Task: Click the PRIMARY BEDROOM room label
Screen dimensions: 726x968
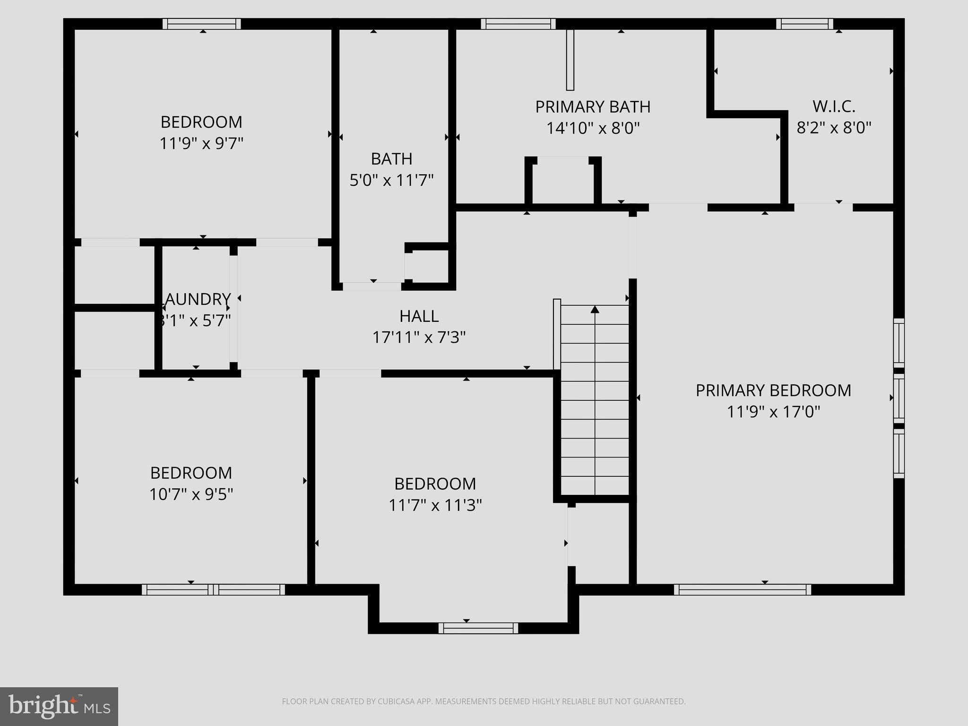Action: click(x=773, y=390)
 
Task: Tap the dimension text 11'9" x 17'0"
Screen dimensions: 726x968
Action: click(x=773, y=412)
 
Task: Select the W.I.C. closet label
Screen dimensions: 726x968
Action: click(x=834, y=107)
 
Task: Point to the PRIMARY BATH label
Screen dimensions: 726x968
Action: click(x=593, y=107)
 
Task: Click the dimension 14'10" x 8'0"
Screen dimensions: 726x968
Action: click(x=593, y=129)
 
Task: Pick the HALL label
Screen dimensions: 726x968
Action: click(x=419, y=316)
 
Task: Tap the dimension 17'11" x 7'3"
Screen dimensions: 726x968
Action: click(x=419, y=337)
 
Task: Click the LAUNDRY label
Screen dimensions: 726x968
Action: click(x=197, y=300)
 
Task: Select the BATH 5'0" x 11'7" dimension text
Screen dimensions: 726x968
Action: click(x=391, y=180)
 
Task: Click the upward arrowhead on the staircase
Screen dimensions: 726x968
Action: click(x=595, y=310)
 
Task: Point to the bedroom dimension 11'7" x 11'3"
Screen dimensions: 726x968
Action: click(x=435, y=505)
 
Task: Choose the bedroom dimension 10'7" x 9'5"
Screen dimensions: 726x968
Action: click(x=191, y=494)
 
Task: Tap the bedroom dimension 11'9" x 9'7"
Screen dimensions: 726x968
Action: click(x=201, y=143)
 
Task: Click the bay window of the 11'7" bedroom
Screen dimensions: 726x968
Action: click(x=478, y=628)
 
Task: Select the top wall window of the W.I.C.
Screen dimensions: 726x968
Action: click(x=804, y=24)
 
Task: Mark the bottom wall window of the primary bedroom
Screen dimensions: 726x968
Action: click(x=742, y=589)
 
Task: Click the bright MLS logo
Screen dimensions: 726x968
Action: click(x=59, y=706)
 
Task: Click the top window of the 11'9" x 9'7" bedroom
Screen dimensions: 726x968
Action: click(x=202, y=24)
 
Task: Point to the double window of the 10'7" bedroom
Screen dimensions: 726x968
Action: click(x=213, y=589)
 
